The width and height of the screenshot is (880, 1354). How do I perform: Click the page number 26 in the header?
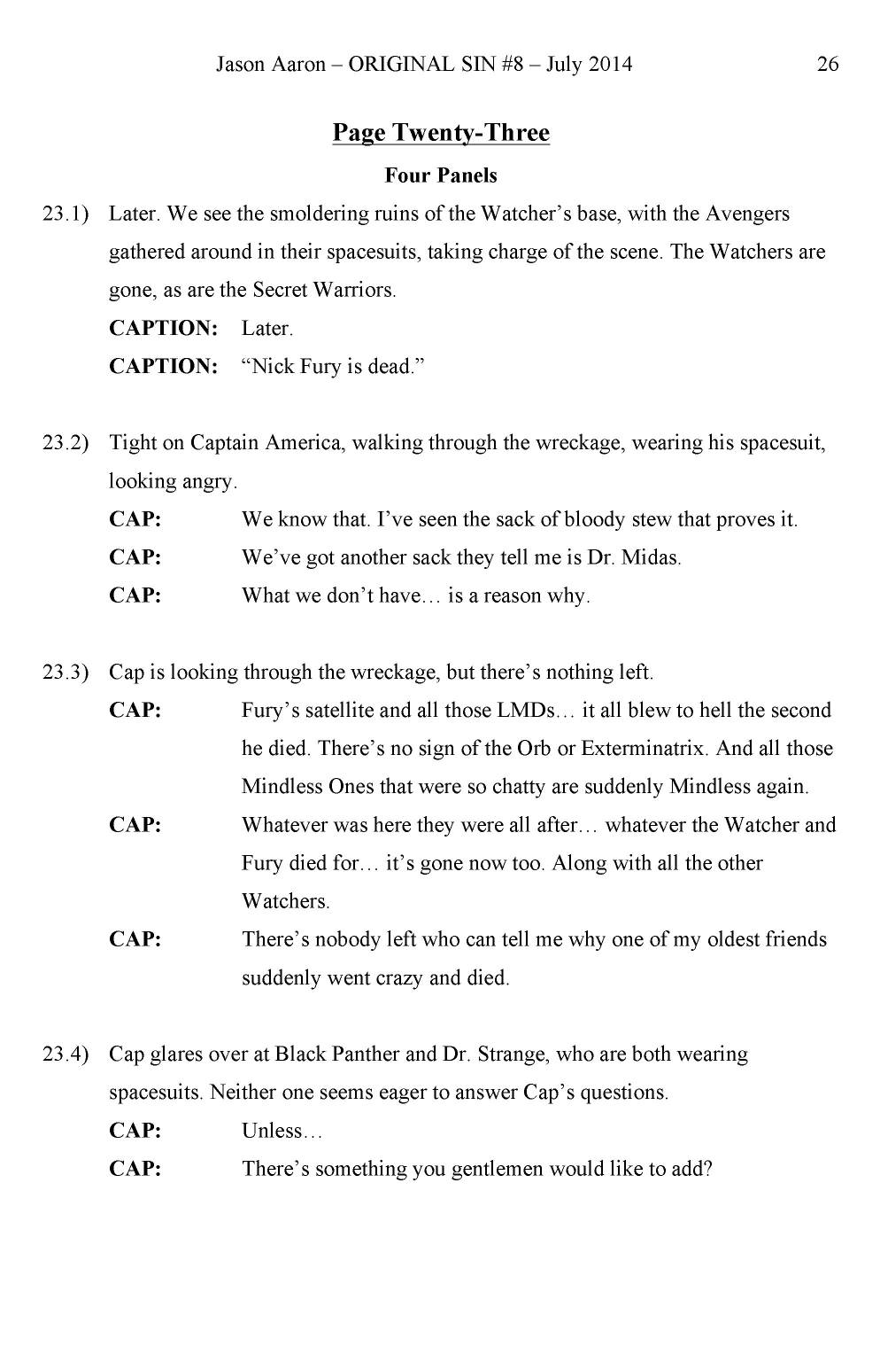pyautogui.click(x=828, y=64)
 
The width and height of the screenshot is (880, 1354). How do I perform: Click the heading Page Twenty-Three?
pyautogui.click(x=441, y=133)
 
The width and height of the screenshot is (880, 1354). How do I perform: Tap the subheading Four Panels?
pyautogui.click(x=441, y=175)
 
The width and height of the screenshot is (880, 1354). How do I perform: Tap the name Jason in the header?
pyautogui.click(x=240, y=64)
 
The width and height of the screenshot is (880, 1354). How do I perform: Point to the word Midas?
pyautogui.click(x=652, y=558)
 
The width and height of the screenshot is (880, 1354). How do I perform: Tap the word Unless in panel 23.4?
pyautogui.click(x=276, y=1132)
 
